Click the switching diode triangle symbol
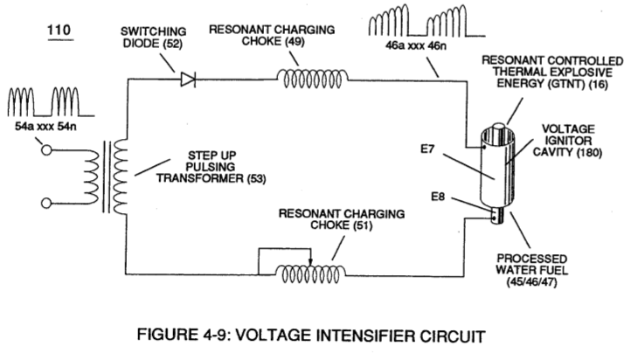(x=188, y=79)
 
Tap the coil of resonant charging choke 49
(x=313, y=79)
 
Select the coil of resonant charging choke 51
(x=310, y=273)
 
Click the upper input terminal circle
(x=47, y=150)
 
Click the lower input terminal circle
(x=47, y=203)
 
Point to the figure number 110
(x=59, y=30)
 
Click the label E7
(x=427, y=149)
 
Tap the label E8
(x=438, y=197)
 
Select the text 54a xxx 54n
(x=45, y=127)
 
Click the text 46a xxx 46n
(x=415, y=45)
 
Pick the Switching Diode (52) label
(x=154, y=38)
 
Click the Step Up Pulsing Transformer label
(x=212, y=167)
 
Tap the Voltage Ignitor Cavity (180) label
(x=567, y=141)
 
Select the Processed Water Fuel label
(x=531, y=270)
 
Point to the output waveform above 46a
(x=426, y=20)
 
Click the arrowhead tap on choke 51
(x=310, y=263)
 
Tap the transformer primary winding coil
(x=92, y=177)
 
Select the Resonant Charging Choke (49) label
(x=272, y=36)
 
